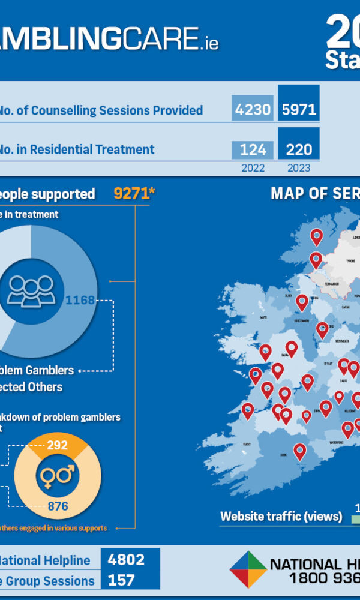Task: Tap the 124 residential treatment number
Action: click(253, 149)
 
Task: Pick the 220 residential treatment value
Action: click(298, 149)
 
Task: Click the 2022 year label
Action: click(253, 168)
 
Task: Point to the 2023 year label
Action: click(298, 168)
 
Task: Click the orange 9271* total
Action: click(134, 193)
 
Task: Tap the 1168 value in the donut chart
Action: click(80, 300)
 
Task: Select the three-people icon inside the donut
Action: click(32, 290)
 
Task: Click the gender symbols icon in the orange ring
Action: click(58, 476)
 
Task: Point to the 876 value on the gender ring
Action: click(58, 506)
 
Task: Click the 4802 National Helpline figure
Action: click(126, 560)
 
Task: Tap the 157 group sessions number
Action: click(121, 580)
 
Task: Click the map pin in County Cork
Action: click(299, 451)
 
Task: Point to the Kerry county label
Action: click(247, 443)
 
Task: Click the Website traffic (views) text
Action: click(281, 516)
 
